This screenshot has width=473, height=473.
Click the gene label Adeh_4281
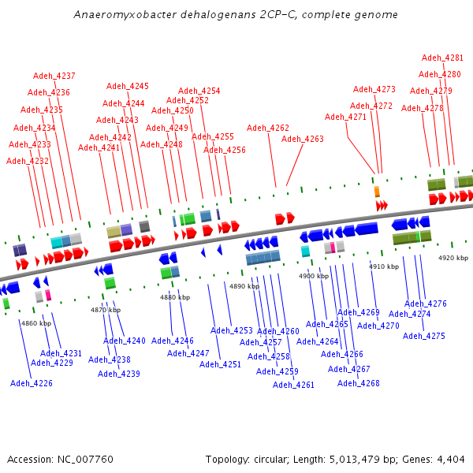point(442,58)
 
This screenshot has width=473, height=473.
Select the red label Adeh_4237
point(54,76)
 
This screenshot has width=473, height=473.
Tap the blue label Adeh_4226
point(32,383)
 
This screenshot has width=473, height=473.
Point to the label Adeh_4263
point(303,139)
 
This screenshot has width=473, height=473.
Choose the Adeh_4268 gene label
point(359,383)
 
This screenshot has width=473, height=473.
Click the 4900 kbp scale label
point(313,276)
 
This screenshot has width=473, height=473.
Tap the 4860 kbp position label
point(35,323)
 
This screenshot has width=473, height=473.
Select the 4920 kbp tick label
point(453,258)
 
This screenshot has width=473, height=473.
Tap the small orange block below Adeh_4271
point(377,192)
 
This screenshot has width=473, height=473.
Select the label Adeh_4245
point(128,86)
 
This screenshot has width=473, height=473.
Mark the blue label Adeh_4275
point(424,336)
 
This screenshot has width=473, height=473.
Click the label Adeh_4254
point(199,91)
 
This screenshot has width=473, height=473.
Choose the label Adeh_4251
point(220,364)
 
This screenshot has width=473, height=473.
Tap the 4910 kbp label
point(384,266)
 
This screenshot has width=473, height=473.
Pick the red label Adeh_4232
point(28,161)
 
